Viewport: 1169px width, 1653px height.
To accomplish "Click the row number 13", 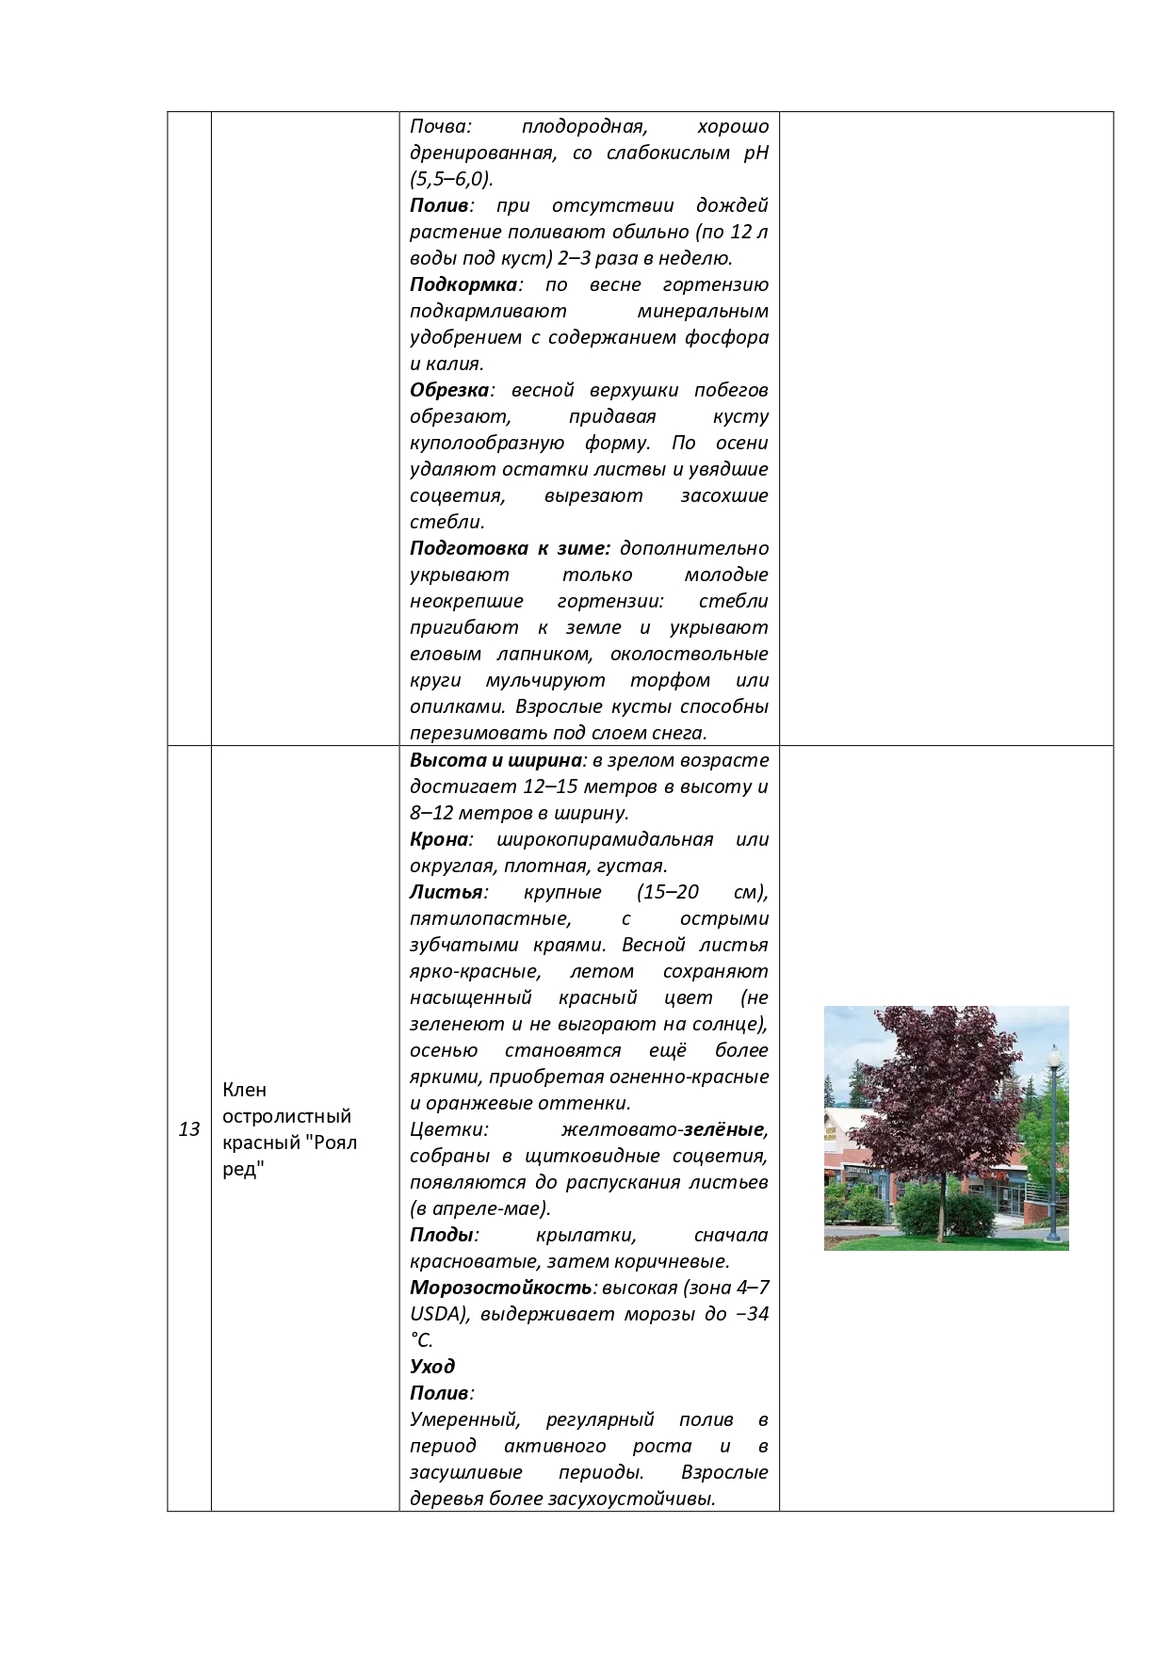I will pyautogui.click(x=189, y=1128).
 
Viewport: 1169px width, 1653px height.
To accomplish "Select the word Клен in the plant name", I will pyautogui.click(x=245, y=1090).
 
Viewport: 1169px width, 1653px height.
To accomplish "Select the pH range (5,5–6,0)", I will pyautogui.click(x=451, y=179).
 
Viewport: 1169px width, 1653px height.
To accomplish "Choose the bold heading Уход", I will pyautogui.click(x=432, y=1367).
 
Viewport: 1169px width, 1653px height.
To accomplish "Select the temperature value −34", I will pyautogui.click(x=751, y=1314).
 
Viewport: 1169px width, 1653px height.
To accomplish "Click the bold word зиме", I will pyautogui.click(x=584, y=548).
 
